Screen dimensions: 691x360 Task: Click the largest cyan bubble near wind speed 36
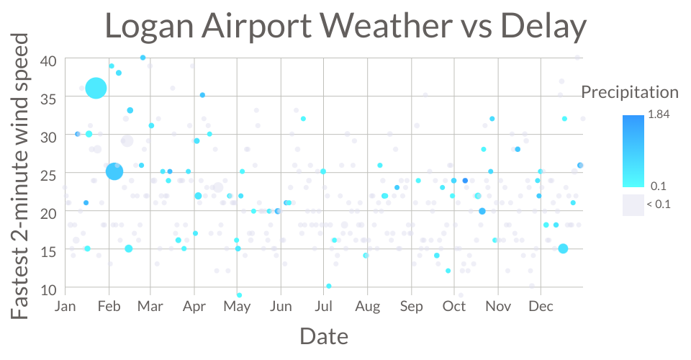click(96, 88)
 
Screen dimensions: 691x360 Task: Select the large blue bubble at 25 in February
click(114, 171)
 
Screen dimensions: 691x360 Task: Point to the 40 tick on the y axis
click(48, 60)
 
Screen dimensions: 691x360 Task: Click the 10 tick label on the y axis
click(48, 289)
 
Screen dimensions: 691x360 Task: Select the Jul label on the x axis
click(323, 306)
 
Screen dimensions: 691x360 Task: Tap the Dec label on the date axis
click(541, 306)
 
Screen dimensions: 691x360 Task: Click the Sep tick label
click(411, 306)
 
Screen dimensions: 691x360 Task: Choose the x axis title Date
click(324, 337)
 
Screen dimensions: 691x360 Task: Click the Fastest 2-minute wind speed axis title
click(20, 176)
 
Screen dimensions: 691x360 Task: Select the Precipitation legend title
click(630, 92)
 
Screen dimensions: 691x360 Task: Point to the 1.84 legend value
click(659, 114)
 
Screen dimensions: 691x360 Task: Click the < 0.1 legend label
click(659, 204)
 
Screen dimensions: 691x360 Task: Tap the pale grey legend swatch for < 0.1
click(633, 205)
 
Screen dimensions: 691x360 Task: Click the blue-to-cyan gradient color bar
click(633, 151)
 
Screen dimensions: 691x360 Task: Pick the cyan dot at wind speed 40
click(143, 58)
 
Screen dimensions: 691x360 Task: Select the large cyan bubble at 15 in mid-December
click(563, 248)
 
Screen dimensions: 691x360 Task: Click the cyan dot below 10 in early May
click(239, 294)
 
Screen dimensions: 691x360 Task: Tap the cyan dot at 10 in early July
click(329, 286)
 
